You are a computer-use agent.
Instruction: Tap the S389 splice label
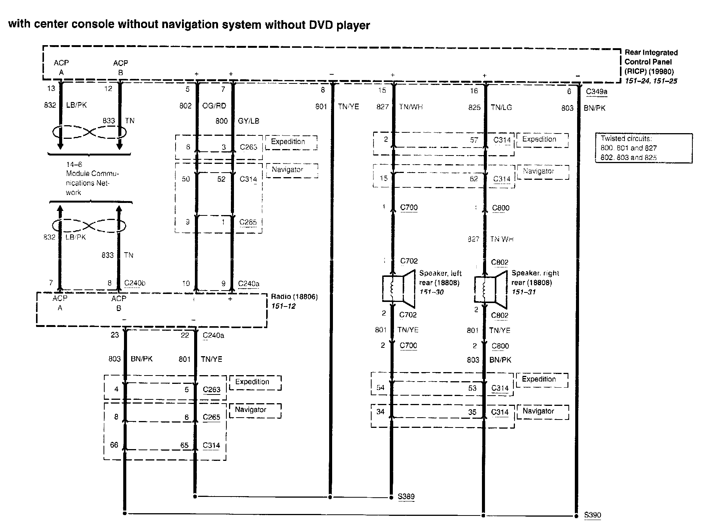(406, 497)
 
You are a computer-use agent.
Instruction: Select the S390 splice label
(592, 515)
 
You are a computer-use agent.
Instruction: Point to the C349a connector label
(597, 91)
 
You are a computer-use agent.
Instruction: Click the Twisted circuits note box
(643, 148)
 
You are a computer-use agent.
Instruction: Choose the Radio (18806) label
(294, 297)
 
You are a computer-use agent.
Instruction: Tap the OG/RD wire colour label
(214, 106)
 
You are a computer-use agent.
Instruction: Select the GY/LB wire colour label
(248, 121)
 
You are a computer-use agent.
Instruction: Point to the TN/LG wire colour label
(501, 107)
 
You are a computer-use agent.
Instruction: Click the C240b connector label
(135, 283)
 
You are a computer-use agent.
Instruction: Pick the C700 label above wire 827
(409, 207)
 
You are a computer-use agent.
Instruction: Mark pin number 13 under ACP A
(51, 88)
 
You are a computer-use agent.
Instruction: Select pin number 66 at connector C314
(114, 445)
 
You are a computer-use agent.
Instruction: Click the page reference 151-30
(431, 292)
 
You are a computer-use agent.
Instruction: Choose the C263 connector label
(211, 389)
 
